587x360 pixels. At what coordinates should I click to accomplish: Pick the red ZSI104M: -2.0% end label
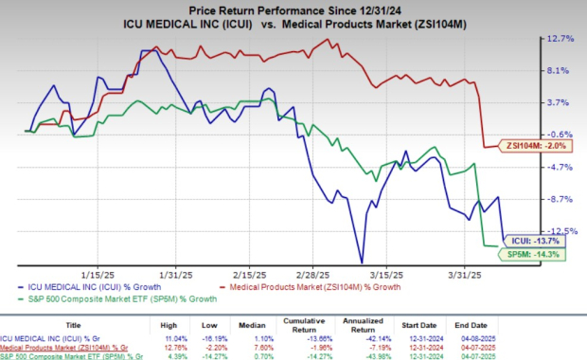539,145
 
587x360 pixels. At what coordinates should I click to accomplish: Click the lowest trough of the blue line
361,262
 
